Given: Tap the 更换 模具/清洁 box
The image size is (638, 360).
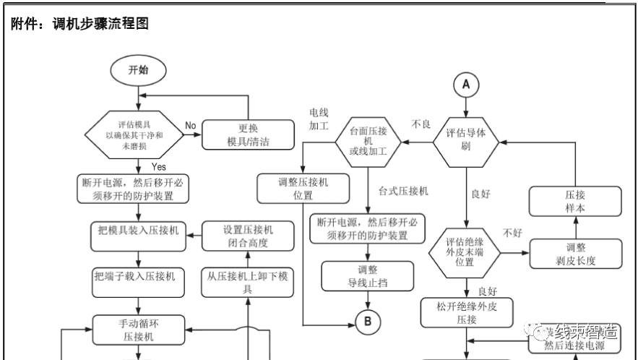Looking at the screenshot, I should (247, 134).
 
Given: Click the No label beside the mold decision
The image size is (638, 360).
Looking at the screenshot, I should (190, 125).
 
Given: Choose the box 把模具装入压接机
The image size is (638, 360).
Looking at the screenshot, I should (138, 231).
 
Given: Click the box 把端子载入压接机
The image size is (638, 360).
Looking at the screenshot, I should (138, 276).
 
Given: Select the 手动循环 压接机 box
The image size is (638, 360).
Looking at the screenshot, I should (138, 329).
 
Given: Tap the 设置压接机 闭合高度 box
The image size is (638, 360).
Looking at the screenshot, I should (247, 236).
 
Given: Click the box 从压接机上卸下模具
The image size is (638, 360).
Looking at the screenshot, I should (247, 282).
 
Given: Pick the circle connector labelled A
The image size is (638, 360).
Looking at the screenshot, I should (466, 85).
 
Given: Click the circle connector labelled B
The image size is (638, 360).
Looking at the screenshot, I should (368, 321).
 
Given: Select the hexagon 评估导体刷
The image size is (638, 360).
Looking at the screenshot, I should (466, 140).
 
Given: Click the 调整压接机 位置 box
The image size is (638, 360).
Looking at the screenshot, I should (302, 188).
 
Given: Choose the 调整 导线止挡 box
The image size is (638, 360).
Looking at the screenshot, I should (368, 275).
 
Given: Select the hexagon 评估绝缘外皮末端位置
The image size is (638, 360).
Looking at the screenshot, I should (465, 252).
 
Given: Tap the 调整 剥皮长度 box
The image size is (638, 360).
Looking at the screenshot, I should (576, 254).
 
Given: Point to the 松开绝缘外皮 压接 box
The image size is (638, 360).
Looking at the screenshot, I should (467, 312).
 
